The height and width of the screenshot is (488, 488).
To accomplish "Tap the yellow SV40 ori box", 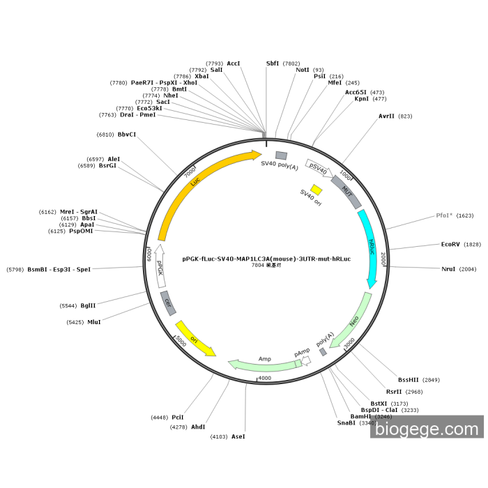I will [316, 190].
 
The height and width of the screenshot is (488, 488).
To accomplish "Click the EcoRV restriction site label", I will [451, 244].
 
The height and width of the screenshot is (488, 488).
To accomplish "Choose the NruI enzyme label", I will [449, 269].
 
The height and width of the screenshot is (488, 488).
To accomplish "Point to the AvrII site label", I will [386, 116].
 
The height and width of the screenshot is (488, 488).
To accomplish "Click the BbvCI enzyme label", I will [127, 135].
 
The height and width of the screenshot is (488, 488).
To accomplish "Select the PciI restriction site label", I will [178, 417].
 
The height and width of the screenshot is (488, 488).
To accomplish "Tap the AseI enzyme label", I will [238, 436].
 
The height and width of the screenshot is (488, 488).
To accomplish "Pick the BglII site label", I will [88, 305].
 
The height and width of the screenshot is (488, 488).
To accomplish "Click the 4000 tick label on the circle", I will [264, 379].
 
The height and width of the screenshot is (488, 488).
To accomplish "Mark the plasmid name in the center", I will [266, 259].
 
